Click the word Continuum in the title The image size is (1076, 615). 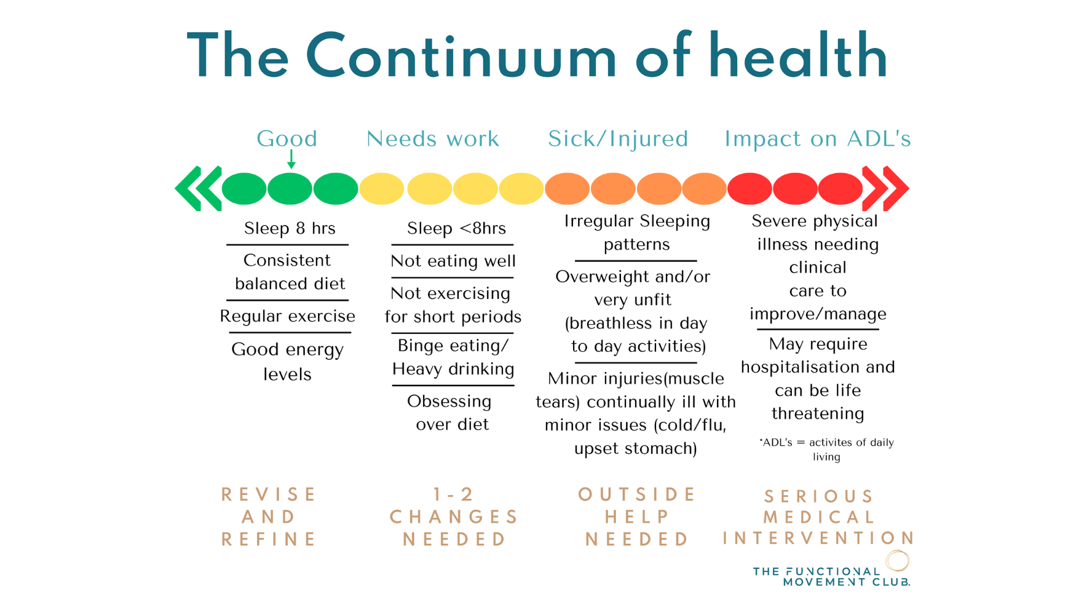tap(461, 57)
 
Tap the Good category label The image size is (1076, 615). tap(287, 139)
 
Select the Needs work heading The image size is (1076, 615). tap(433, 139)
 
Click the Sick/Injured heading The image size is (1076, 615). tap(618, 139)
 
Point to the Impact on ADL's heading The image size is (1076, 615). tap(817, 139)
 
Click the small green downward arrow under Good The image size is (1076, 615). tap(291, 160)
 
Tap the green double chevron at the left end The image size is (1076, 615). tap(198, 188)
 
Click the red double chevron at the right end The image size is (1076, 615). tap(885, 188)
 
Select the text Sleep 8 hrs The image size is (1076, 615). tap(290, 229)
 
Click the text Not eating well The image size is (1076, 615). tap(453, 261)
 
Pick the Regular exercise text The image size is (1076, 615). tap(287, 316)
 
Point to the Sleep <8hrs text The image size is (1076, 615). tap(456, 229)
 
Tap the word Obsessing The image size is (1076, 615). tap(449, 402)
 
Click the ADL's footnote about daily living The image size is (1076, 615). tap(826, 449)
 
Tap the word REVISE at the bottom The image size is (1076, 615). tap(269, 494)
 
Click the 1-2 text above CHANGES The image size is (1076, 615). tap(453, 494)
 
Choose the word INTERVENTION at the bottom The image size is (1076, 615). tap(818, 539)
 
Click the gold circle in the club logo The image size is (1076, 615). tap(898, 560)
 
